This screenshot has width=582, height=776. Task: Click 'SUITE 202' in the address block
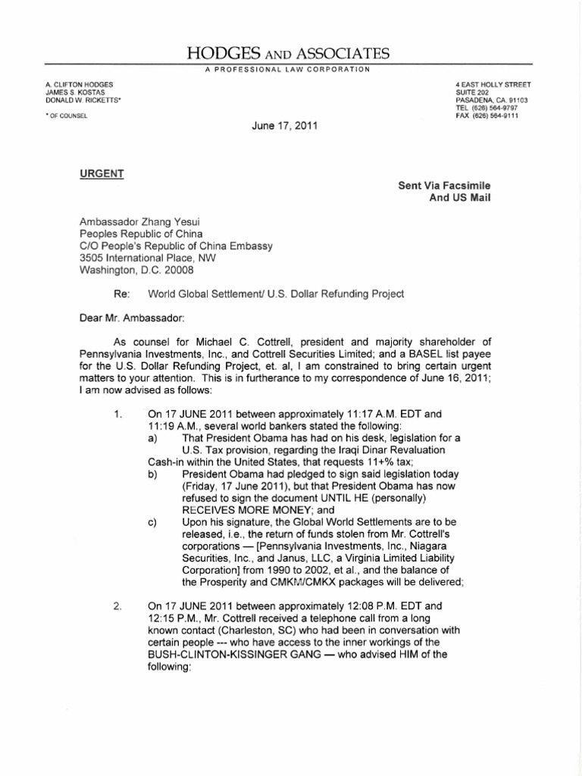[477, 91]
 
